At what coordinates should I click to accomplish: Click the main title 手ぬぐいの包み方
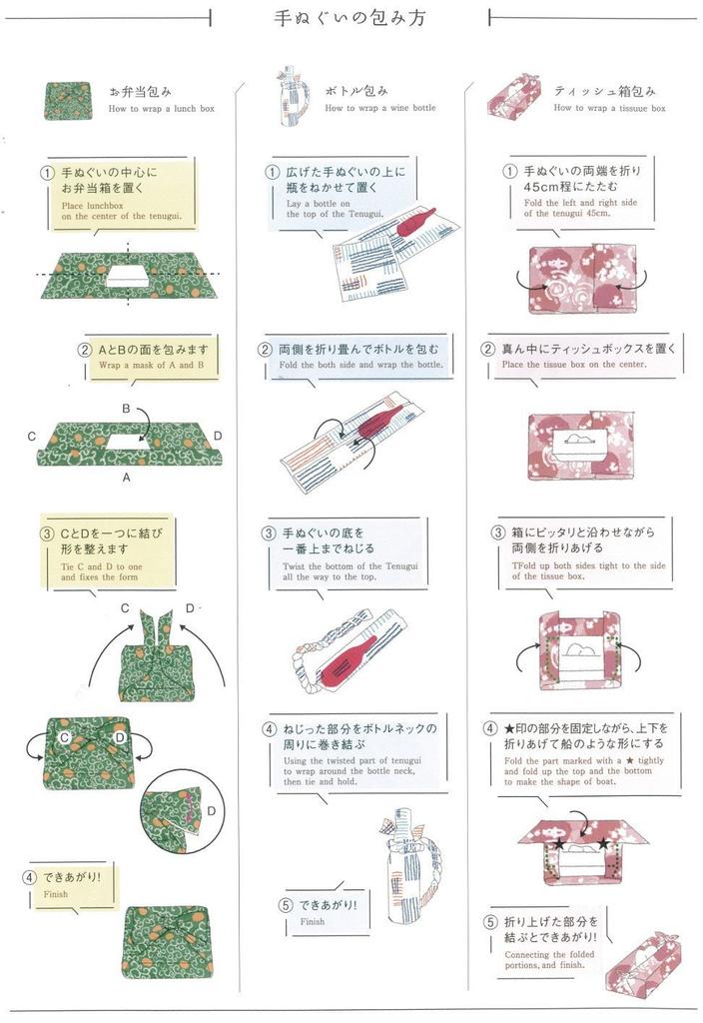pos(350,18)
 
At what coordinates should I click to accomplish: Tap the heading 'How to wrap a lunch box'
pos(161,108)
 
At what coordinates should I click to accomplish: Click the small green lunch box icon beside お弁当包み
pos(68,100)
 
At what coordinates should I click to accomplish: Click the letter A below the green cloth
pos(127,479)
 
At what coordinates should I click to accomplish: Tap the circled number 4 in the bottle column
pos(271,729)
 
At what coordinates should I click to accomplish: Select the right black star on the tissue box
pos(604,844)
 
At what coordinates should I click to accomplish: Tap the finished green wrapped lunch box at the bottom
pos(165,941)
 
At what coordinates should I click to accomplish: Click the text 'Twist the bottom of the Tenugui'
pos(350,565)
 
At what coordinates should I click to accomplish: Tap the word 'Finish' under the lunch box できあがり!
pos(56,894)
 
